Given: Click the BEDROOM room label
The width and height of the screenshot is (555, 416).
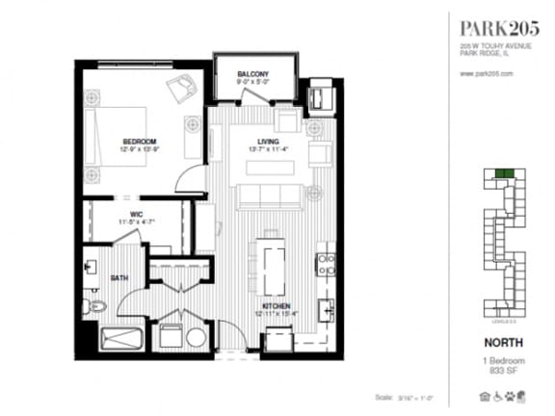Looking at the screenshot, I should click(x=139, y=142).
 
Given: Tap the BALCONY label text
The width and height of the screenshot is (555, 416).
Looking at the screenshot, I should click(x=252, y=74).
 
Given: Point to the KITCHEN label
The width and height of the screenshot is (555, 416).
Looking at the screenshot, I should click(x=273, y=305).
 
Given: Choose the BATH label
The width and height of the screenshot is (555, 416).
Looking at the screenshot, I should click(x=119, y=277).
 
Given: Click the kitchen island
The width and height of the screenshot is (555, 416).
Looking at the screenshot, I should click(x=271, y=265).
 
